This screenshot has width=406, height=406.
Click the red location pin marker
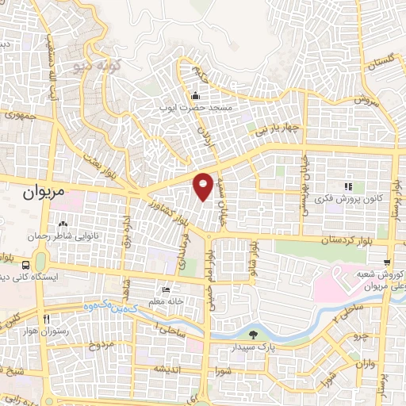204,186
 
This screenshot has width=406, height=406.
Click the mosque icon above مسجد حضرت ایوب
195,96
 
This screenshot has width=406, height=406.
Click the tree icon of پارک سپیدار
252,335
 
